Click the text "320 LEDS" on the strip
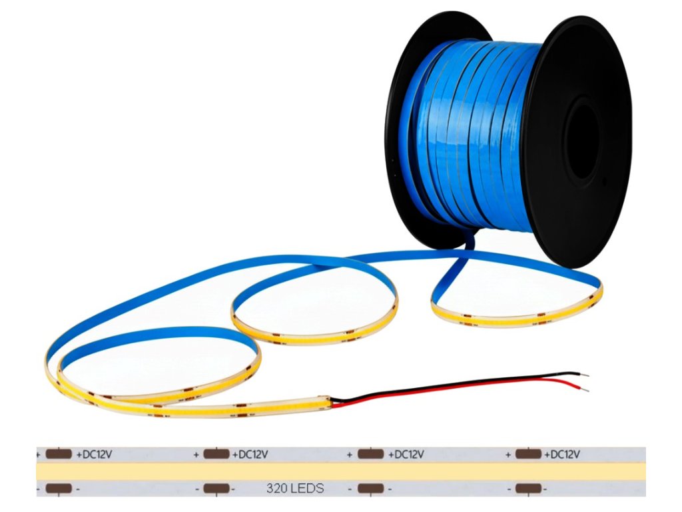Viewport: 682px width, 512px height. [x=295, y=489]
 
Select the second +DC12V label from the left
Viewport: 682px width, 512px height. [x=250, y=455]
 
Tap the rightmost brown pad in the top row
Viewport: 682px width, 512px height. [x=527, y=455]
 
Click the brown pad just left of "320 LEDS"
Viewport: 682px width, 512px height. [x=216, y=489]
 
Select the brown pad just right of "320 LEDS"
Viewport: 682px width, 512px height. [x=370, y=489]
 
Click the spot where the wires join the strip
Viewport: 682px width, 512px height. [x=331, y=401]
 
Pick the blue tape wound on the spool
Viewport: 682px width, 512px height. [x=466, y=133]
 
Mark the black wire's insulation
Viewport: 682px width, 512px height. [x=466, y=382]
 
